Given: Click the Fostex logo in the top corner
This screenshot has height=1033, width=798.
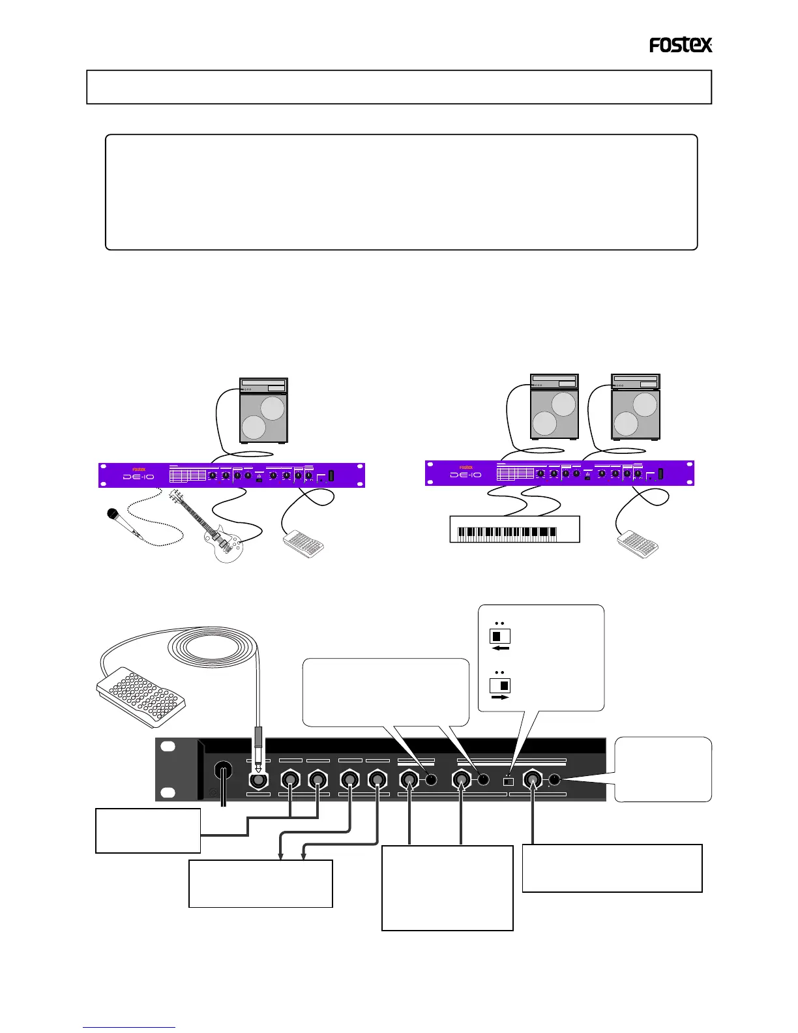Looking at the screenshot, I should click(x=681, y=45).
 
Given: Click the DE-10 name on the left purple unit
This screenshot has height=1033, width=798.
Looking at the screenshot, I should click(x=139, y=477).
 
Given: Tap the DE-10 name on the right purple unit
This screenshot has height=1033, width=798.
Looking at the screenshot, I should click(x=465, y=475).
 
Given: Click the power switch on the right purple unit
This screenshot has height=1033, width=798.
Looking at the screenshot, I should click(x=660, y=474).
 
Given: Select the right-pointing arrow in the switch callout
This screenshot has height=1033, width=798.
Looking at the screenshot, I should click(x=499, y=697).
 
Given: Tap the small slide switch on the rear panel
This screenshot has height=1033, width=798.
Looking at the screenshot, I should click(x=509, y=781).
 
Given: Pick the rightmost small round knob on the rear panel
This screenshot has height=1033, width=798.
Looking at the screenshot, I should click(x=555, y=779).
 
